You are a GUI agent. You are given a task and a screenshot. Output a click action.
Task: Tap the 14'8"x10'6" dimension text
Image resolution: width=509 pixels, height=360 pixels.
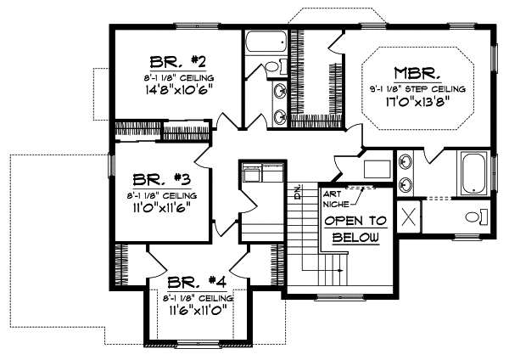[x=179, y=87]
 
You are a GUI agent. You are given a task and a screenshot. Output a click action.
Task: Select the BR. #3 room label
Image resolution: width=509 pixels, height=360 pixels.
[x=160, y=180]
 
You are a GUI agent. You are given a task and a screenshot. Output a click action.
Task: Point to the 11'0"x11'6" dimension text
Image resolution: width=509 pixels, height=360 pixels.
[x=160, y=206]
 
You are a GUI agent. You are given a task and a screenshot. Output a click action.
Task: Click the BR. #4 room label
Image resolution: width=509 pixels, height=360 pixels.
[x=196, y=282]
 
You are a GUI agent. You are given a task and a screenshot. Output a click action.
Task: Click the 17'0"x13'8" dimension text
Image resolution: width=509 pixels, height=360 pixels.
[x=414, y=100]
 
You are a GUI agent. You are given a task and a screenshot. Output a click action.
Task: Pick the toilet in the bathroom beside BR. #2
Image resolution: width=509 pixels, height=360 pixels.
[x=273, y=67]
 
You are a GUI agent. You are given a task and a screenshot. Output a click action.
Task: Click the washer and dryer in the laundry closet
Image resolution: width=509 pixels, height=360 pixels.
[x=263, y=173]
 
